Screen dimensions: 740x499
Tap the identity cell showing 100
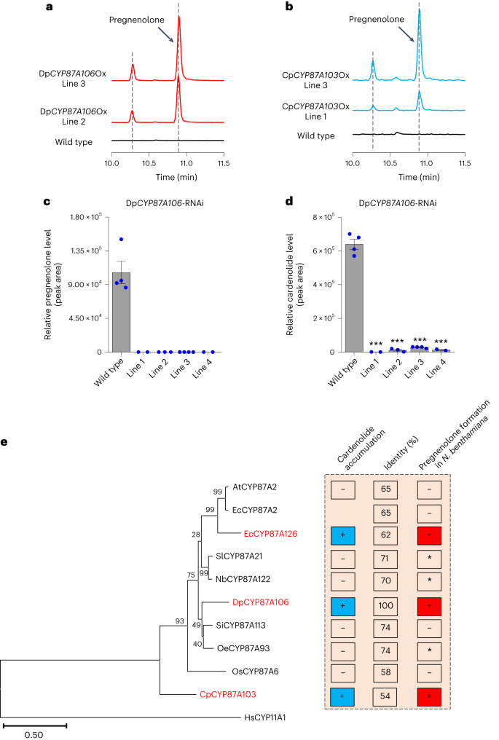[x=386, y=602]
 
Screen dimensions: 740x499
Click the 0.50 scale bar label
[x=34, y=735]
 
